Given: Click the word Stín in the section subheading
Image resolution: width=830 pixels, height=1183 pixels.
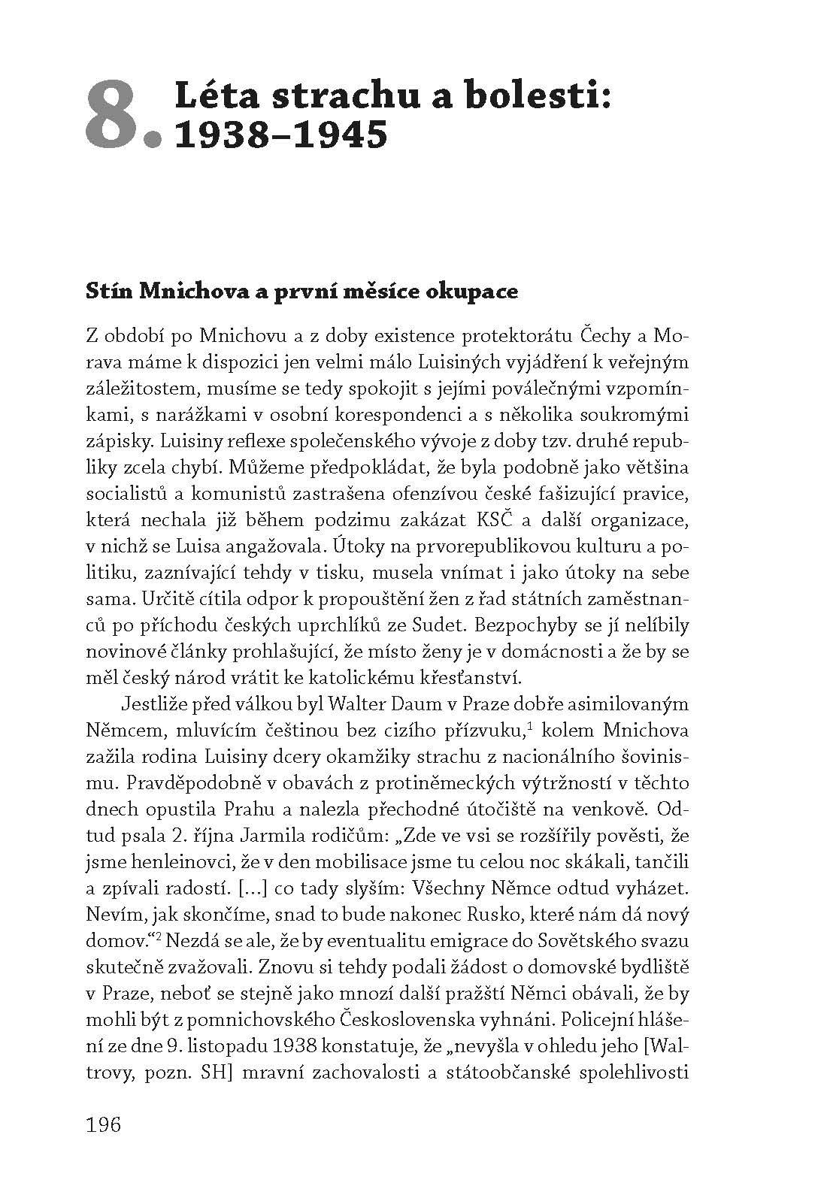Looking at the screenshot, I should tap(108, 292).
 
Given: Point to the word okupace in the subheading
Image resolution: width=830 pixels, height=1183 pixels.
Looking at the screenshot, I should tap(482, 292).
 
